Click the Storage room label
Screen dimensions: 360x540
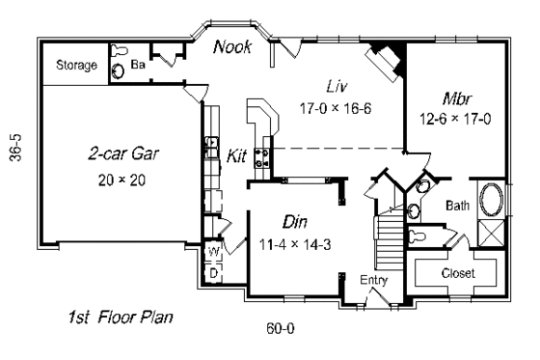click(77, 66)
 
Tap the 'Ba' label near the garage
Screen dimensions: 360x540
click(138, 66)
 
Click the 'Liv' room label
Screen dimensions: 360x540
click(336, 85)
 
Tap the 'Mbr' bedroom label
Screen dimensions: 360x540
click(457, 98)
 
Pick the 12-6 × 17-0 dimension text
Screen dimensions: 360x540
click(458, 120)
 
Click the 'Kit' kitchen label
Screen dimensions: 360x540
click(238, 155)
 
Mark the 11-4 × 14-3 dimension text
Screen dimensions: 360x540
click(297, 244)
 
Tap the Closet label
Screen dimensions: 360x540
click(458, 273)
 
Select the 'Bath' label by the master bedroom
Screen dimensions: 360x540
click(458, 206)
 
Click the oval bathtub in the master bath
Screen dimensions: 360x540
click(491, 203)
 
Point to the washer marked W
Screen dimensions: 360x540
click(213, 255)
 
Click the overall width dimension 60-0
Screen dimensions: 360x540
click(280, 327)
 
